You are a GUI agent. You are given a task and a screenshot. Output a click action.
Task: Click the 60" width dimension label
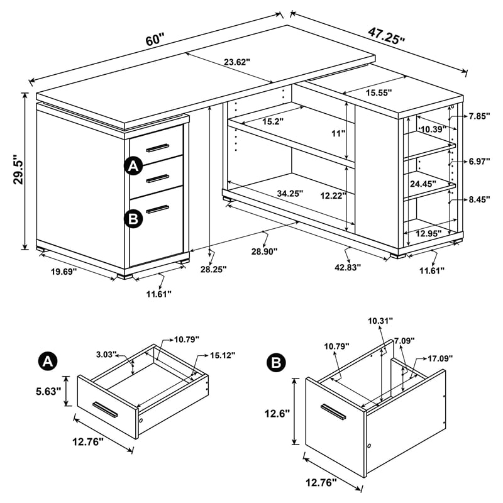(x=155, y=40)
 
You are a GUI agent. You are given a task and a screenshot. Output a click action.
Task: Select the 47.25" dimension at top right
(x=386, y=33)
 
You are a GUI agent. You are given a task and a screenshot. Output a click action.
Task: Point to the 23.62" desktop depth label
(x=237, y=62)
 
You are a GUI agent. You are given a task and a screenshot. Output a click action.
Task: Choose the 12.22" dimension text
(x=334, y=196)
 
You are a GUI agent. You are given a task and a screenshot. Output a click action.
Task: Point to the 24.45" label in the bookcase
(x=421, y=185)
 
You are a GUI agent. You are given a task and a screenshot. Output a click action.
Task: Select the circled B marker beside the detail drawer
(x=275, y=363)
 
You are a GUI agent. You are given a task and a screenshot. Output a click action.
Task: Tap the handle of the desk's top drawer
(x=158, y=147)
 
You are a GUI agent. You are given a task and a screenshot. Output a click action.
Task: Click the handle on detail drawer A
(x=105, y=409)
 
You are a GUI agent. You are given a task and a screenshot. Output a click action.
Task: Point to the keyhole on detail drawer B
(x=370, y=446)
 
